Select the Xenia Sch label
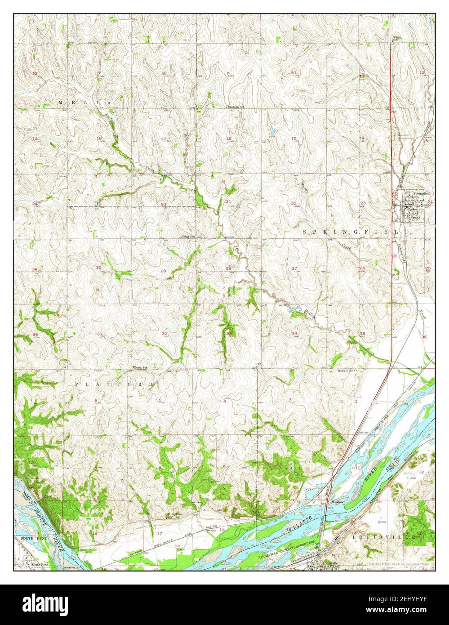[x=141, y=368]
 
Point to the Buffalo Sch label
[x=346, y=371]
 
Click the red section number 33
[x=229, y=333]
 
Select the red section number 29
[x=163, y=270]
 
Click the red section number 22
[x=293, y=203]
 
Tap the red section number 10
[x=293, y=73]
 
